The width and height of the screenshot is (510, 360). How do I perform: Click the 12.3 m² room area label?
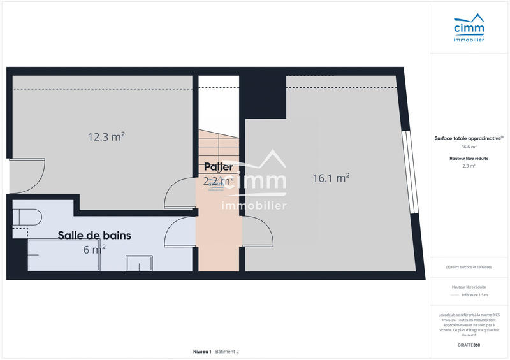pyautogui.click(x=106, y=136)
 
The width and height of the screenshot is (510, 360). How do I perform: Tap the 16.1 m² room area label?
pyautogui.click(x=331, y=178)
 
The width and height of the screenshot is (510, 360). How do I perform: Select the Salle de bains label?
pyautogui.click(x=94, y=235)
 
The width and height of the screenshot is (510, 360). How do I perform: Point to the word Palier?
pyautogui.click(x=218, y=167)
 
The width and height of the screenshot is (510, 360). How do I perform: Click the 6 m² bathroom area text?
pyautogui.click(x=94, y=250)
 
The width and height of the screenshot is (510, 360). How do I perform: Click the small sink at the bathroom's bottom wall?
pyautogui.click(x=139, y=263)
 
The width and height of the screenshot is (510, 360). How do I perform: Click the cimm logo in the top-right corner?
pyautogui.click(x=469, y=30)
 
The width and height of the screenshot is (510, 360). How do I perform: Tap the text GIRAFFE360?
pyautogui.click(x=469, y=345)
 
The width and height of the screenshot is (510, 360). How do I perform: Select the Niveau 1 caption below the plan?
pyautogui.click(x=201, y=352)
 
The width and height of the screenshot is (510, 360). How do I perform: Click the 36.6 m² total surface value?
pyautogui.click(x=469, y=147)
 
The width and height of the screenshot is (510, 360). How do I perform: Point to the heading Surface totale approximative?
pyautogui.click(x=469, y=138)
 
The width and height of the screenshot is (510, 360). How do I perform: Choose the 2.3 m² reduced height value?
pyautogui.click(x=469, y=165)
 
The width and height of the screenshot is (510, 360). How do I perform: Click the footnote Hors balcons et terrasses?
pyautogui.click(x=469, y=267)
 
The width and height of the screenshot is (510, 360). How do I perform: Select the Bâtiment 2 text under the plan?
pyautogui.click(x=227, y=352)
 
